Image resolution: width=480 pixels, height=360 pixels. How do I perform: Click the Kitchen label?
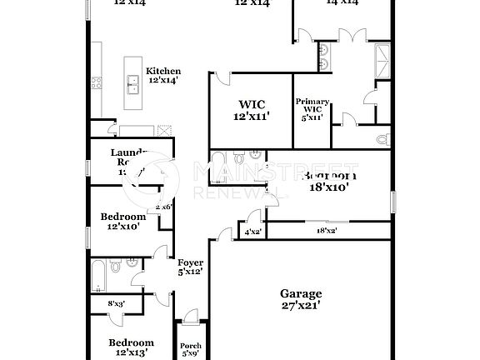tap(163, 72)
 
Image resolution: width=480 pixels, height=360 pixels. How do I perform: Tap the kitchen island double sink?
tap(132, 82)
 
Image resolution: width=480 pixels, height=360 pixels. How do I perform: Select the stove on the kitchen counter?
tap(97, 82)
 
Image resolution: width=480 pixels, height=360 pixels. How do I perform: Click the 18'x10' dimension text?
tap(330, 188)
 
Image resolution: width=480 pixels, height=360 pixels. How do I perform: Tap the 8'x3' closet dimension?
tap(117, 305)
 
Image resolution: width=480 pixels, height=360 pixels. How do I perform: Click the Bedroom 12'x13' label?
tap(132, 347)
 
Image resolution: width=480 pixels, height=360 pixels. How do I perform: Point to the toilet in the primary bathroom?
tap(382, 138)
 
